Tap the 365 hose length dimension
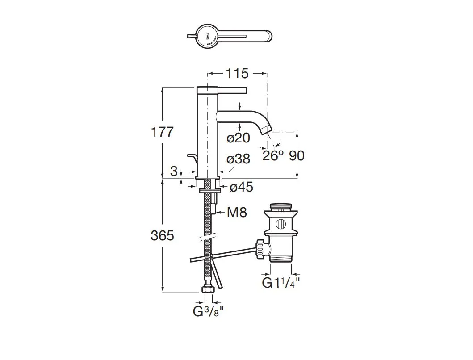pos(162,235)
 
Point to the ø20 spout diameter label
pos(238,138)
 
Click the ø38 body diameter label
pos(238,159)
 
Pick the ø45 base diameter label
pos(241,188)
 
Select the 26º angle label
pos(273,156)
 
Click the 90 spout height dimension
pos(297,155)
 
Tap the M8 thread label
pos(237,213)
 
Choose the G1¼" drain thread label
pos(280,283)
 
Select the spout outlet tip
pos(267,130)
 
